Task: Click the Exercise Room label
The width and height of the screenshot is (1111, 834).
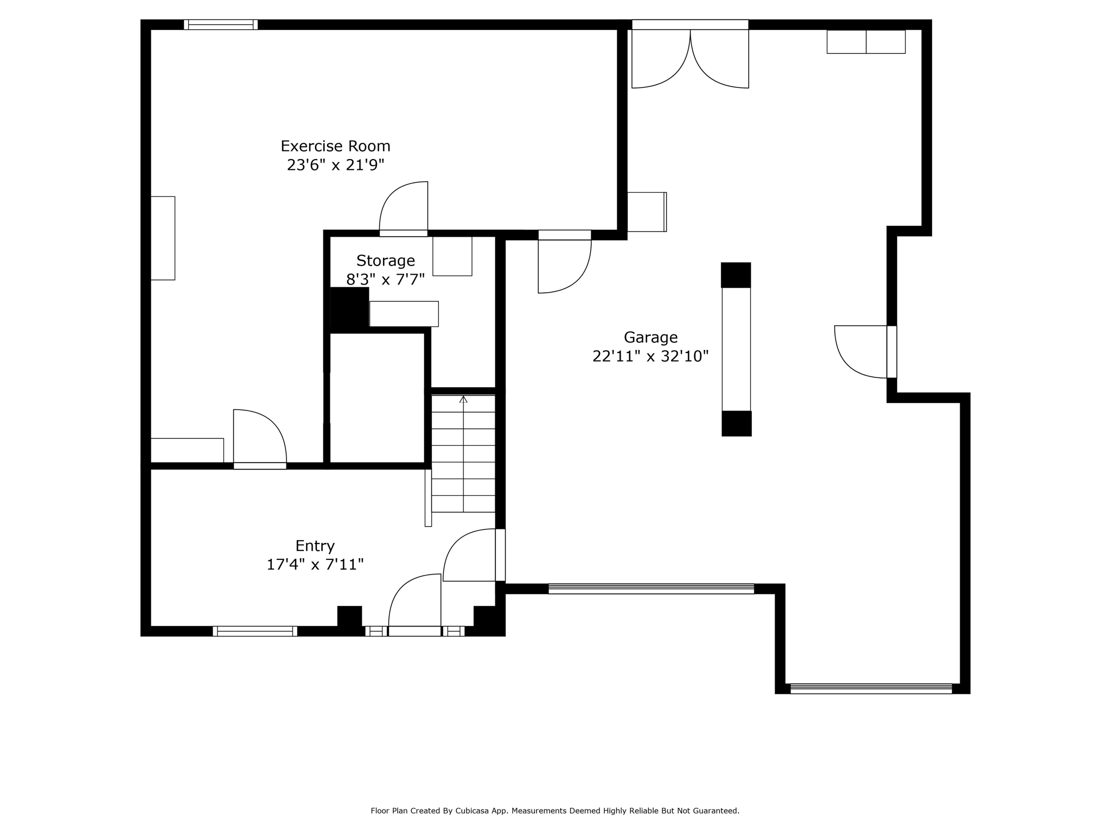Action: tap(335, 146)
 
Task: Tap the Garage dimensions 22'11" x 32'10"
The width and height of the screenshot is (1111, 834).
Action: tap(650, 356)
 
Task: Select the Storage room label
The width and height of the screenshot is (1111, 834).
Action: tap(385, 261)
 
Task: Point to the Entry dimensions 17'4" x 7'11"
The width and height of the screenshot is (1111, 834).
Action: tap(315, 565)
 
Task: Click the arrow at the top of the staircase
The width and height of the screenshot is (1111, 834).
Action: tap(463, 400)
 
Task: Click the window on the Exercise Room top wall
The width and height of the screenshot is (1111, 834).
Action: tap(220, 24)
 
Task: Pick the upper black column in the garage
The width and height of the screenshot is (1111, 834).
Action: tap(736, 275)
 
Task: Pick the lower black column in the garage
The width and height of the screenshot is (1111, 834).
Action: tap(736, 424)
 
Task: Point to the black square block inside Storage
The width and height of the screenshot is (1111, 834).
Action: tap(349, 307)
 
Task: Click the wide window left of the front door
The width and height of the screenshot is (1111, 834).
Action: tap(255, 631)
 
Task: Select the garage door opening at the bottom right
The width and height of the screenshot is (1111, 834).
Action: tap(871, 688)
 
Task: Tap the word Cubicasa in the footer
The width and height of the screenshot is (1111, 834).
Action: tap(470, 811)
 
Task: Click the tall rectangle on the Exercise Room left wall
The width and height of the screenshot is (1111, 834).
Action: tap(163, 238)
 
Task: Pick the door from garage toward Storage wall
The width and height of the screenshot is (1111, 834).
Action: tap(564, 263)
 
